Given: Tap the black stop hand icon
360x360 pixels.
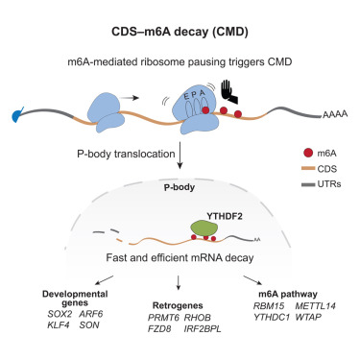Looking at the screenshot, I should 236,92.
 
